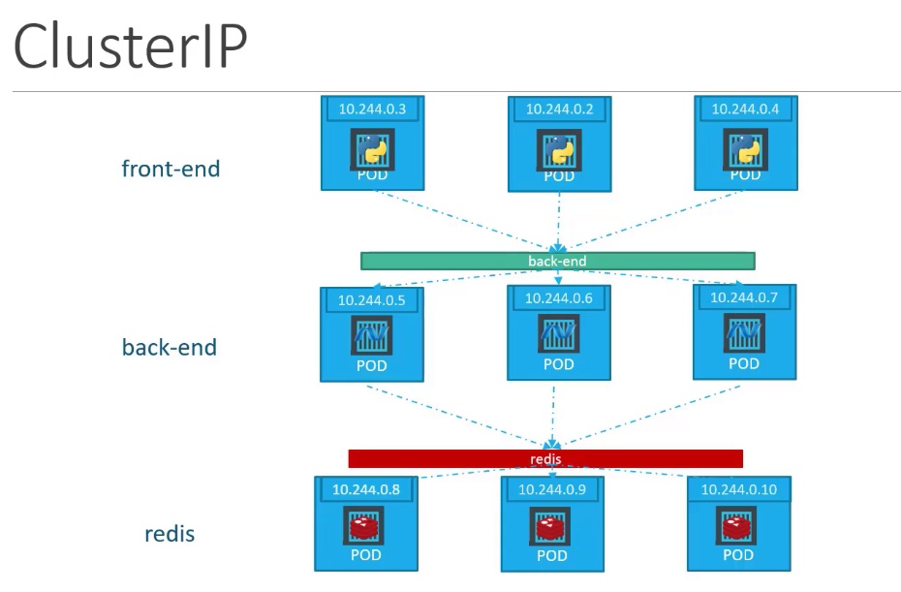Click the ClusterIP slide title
(131, 46)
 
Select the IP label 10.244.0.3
(372, 109)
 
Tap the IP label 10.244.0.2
(559, 109)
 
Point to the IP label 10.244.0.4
(745, 109)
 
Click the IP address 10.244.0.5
(371, 300)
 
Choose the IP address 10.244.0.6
(559, 297)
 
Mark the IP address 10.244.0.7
(744, 297)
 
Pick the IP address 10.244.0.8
(366, 489)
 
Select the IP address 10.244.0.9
(552, 489)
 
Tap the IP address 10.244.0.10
(739, 489)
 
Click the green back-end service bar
(558, 261)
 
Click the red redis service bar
(545, 458)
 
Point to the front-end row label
(171, 169)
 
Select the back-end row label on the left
(170, 347)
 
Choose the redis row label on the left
(170, 534)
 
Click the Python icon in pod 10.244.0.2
(559, 150)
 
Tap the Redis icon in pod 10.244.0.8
(363, 525)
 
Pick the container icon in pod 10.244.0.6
(559, 333)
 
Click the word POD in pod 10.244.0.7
(744, 363)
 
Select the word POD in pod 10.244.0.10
(738, 554)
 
